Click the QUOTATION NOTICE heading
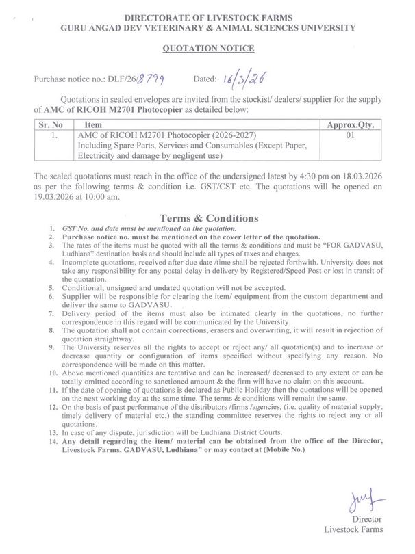[x=207, y=49]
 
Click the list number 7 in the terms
[x=52, y=314]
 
